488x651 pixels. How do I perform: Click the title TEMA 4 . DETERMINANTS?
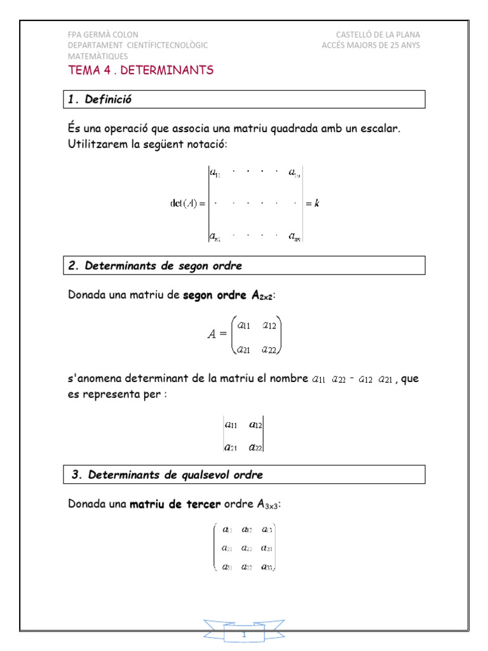pos(140,70)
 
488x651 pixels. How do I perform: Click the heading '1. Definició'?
pos(101,99)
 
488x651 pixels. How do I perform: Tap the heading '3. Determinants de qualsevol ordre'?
pos(166,475)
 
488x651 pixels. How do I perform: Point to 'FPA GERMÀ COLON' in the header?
pos(103,34)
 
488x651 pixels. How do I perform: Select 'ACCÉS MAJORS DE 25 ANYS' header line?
pos(370,45)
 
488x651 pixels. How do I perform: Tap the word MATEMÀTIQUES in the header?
pos(98,56)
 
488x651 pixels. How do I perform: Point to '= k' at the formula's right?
pos(312,203)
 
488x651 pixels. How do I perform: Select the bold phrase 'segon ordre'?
pos(213,295)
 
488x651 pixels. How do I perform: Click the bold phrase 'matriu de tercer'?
pos(175,504)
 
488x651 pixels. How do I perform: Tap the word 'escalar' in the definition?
pos(380,129)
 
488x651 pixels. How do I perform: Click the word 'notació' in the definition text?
pos(205,144)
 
